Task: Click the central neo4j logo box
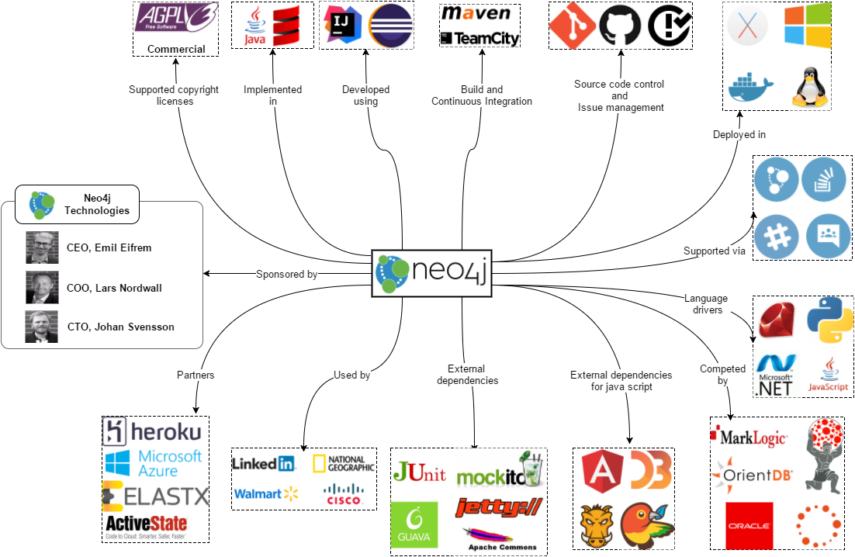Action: [x=432, y=272]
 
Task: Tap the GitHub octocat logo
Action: [x=621, y=26]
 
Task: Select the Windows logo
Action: [x=806, y=26]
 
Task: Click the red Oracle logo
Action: [x=749, y=525]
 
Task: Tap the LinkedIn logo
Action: [x=264, y=464]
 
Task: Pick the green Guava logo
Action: [x=414, y=524]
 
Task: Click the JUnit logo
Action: [x=419, y=472]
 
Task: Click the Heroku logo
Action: [x=153, y=431]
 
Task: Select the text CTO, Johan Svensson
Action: [x=120, y=327]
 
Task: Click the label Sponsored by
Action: [x=286, y=274]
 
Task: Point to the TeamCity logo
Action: [x=479, y=38]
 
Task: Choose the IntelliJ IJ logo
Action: [x=339, y=26]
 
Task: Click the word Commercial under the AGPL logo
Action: [x=176, y=49]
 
